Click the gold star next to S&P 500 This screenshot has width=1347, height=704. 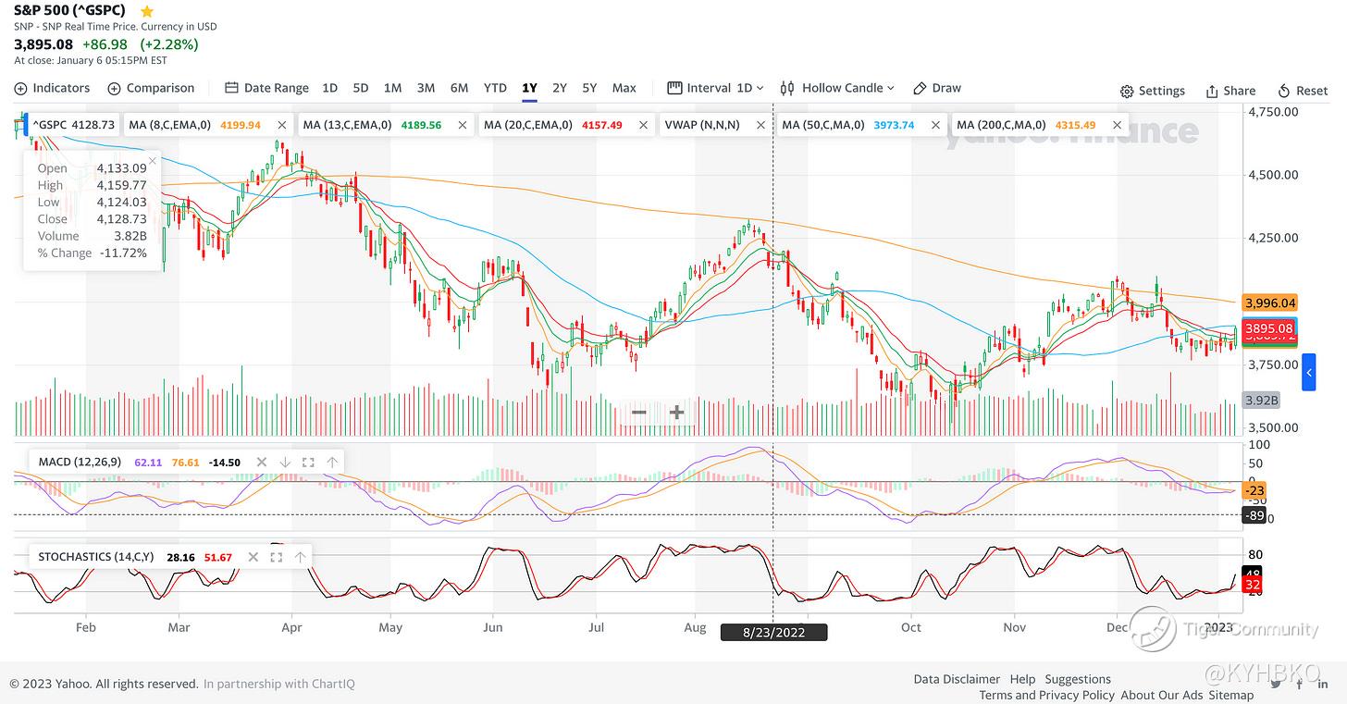point(147,11)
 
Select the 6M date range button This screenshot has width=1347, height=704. point(459,88)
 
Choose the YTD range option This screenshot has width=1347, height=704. point(495,88)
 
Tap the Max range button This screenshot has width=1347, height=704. point(624,88)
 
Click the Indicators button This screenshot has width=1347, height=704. point(53,88)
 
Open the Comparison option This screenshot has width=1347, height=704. point(151,88)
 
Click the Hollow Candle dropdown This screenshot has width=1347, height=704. point(837,88)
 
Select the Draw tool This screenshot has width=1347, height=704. point(937,88)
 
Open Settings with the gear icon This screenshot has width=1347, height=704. point(1152,91)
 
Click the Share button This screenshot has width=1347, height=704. point(1230,91)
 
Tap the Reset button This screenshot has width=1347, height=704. point(1303,91)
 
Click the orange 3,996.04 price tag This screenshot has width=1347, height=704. point(1270,303)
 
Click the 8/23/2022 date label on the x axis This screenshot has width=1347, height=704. point(773,633)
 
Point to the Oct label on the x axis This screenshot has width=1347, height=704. point(911,627)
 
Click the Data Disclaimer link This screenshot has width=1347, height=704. point(957,679)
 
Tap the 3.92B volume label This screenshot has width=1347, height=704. point(1262,401)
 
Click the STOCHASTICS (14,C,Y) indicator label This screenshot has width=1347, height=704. point(96,557)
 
